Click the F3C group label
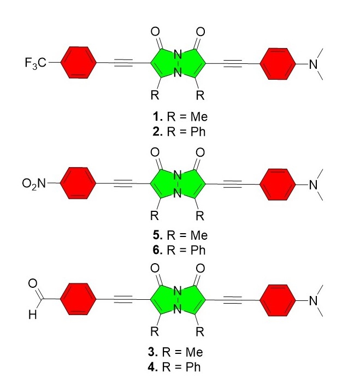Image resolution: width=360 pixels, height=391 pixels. (x=36, y=63)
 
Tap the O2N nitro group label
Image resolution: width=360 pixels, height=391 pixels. (x=34, y=184)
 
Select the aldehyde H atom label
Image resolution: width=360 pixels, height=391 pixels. (x=32, y=315)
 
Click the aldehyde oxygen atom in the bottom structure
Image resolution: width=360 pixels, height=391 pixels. (x=33, y=283)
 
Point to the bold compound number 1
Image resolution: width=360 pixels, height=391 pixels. (x=158, y=116)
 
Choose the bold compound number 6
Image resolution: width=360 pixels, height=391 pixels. (x=158, y=250)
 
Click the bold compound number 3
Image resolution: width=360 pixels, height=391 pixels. (x=152, y=352)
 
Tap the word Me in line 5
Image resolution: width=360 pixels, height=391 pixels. (x=199, y=235)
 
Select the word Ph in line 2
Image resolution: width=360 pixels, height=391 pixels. (x=198, y=132)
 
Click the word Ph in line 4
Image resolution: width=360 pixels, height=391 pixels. (x=193, y=367)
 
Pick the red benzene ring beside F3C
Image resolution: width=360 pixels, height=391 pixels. (x=78, y=62)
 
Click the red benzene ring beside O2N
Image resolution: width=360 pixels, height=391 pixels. (x=78, y=183)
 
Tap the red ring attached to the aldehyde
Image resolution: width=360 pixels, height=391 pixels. (x=78, y=299)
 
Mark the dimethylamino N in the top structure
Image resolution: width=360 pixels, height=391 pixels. (x=314, y=64)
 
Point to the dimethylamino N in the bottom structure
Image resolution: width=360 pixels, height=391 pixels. (x=314, y=301)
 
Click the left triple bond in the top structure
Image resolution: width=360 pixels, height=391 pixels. (x=123, y=63)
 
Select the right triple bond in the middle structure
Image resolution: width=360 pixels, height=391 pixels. (x=233, y=184)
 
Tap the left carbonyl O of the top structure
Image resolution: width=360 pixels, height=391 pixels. (x=155, y=32)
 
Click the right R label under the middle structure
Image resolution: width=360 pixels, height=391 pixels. (x=200, y=216)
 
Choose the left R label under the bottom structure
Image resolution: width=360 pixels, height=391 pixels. (x=155, y=331)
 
